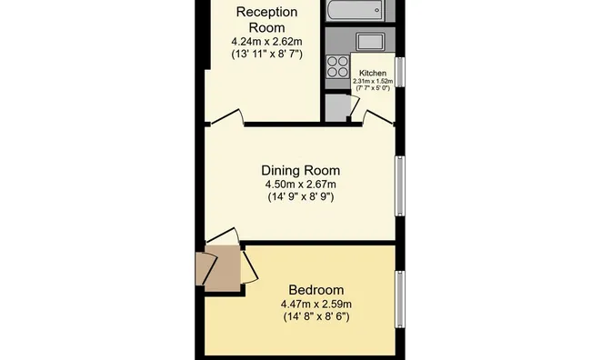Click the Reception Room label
266,20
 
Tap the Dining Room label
300,170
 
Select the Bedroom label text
316,290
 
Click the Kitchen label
373,73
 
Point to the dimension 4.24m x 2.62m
266,42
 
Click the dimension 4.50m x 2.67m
301,185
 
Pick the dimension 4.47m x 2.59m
316,305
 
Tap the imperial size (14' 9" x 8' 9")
301,197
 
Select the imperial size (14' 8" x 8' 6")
316,316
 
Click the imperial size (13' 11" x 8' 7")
266,54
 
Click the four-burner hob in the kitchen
337,66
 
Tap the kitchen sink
370,42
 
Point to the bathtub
355,10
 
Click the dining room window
400,185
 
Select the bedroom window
400,299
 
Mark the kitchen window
400,72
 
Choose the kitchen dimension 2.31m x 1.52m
373,81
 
